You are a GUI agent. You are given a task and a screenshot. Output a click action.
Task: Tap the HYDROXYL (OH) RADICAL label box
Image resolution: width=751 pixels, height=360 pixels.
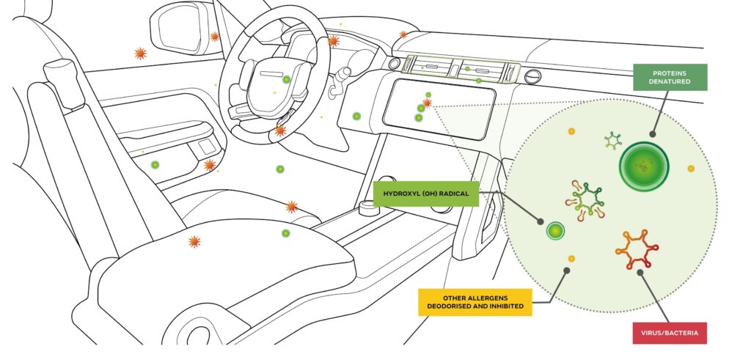click(x=426, y=194)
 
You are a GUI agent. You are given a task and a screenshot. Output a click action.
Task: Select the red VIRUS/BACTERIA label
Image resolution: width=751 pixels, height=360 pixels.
click(x=670, y=332)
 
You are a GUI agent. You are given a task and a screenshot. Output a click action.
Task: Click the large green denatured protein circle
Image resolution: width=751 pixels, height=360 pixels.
click(x=644, y=165)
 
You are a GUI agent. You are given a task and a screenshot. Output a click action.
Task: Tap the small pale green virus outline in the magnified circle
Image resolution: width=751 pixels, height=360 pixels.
click(x=613, y=140)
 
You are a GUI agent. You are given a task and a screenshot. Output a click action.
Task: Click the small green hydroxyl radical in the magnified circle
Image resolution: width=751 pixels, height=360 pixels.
click(x=557, y=232)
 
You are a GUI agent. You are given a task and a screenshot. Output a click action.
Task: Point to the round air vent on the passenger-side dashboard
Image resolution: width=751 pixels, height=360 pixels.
click(x=533, y=76)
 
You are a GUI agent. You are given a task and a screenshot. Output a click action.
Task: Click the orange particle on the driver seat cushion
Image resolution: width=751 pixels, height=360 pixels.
click(x=194, y=241)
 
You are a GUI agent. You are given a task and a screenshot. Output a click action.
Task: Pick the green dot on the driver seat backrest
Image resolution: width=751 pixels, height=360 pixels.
click(x=155, y=166)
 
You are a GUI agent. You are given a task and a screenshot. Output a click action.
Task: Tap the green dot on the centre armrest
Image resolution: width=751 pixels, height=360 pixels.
click(x=285, y=233)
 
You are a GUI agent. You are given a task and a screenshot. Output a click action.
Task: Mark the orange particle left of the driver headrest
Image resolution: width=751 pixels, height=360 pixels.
click(x=139, y=53)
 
